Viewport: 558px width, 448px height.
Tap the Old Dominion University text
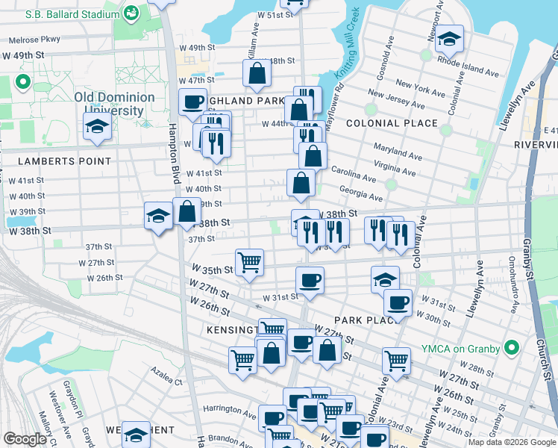click(x=114, y=104)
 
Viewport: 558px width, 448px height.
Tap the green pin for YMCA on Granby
click(x=512, y=347)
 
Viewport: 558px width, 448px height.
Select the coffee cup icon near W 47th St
click(x=192, y=102)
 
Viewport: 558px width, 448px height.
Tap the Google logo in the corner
click(x=25, y=439)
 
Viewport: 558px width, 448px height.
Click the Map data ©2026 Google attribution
click(x=511, y=442)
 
